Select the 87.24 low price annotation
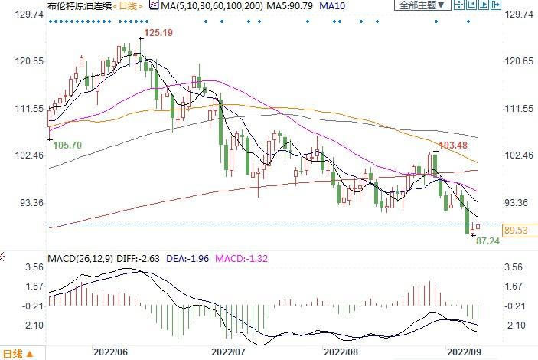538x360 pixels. click(488, 241)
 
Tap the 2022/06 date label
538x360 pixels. click(109, 352)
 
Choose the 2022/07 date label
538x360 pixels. click(229, 352)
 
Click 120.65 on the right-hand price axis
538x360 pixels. click(518, 61)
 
